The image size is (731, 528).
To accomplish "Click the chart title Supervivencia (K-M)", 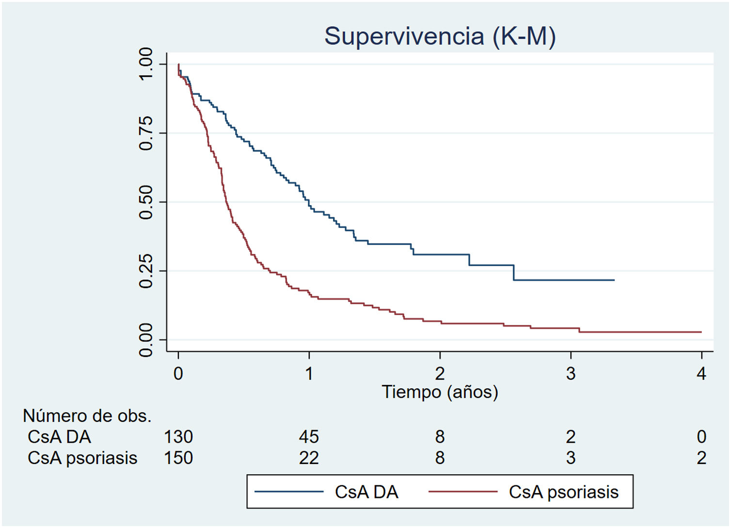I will [x=440, y=36].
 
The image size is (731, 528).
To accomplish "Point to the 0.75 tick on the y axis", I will [x=145, y=133].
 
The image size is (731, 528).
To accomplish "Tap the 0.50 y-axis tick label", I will [x=145, y=202].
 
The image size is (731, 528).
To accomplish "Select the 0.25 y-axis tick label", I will [x=145, y=271].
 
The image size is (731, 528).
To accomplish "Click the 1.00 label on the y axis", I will [x=145, y=64].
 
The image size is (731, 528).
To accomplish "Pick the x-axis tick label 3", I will [x=571, y=373].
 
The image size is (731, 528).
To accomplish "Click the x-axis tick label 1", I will [x=309, y=373].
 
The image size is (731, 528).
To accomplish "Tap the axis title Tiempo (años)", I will [x=440, y=392].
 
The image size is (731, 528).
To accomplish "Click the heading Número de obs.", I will [x=87, y=416].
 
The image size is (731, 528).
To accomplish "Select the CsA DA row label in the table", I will [x=59, y=437].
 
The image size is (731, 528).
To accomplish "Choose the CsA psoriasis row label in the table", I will [x=82, y=458].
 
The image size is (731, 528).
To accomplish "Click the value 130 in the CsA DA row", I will [x=178, y=437].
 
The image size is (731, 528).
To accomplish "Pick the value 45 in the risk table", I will [x=309, y=437].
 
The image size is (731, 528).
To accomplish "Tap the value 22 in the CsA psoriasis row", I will [x=309, y=458].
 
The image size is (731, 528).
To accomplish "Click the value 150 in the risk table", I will [x=178, y=458].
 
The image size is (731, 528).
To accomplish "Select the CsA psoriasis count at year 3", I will [x=571, y=458].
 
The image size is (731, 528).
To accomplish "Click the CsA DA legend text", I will [x=366, y=492].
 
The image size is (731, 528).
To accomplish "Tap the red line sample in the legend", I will [x=463, y=492].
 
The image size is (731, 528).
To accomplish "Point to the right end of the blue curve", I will [x=614, y=280].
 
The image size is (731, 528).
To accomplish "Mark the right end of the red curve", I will [x=701, y=332].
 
